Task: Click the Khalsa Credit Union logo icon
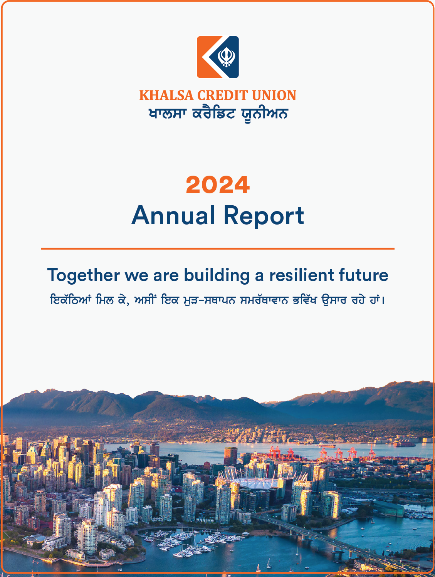coord(218,57)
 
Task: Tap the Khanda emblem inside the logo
coord(226,57)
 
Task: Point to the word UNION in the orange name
coord(274,95)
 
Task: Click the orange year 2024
coord(218,185)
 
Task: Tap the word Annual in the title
coord(173,215)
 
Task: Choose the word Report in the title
coord(264,216)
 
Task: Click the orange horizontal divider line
coord(218,248)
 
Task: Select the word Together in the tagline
coord(83,275)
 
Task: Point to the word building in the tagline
coord(217,275)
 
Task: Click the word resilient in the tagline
coord(302,275)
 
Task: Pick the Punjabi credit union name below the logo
coord(218,114)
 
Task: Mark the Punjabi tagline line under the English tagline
coord(217,300)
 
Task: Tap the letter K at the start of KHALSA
coord(143,95)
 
